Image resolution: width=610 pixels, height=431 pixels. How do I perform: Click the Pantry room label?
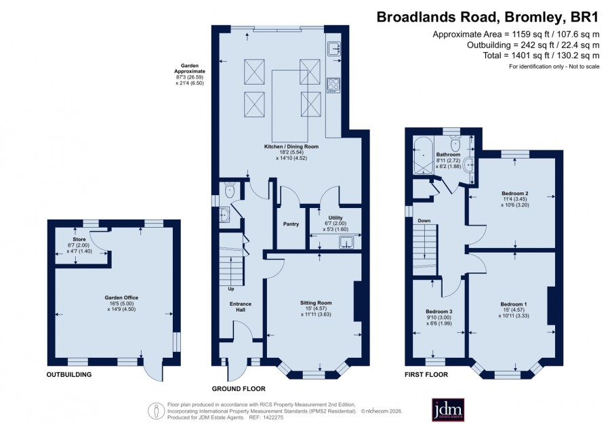[291, 224]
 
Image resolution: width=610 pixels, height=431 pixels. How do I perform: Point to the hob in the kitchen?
[333, 85]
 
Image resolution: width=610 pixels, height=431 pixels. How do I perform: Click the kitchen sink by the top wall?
[333, 49]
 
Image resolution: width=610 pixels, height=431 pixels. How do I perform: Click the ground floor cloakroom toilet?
[230, 190]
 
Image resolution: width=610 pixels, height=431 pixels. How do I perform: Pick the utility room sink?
[346, 243]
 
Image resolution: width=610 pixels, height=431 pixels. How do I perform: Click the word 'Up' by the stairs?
[231, 289]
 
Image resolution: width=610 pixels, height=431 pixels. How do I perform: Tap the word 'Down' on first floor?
[424, 220]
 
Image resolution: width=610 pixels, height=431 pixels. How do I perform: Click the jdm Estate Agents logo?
[448, 409]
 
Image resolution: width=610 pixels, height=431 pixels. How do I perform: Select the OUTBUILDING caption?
[69, 375]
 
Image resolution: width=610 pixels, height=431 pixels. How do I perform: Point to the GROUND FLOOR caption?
[239, 388]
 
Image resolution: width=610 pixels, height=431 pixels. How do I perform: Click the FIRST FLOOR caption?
[426, 375]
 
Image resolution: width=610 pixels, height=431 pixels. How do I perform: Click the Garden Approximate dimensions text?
[190, 75]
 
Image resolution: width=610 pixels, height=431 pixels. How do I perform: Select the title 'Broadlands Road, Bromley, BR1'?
[487, 18]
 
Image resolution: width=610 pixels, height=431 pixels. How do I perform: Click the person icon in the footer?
[156, 411]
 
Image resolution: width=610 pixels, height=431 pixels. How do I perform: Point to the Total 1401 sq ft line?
[541, 56]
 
